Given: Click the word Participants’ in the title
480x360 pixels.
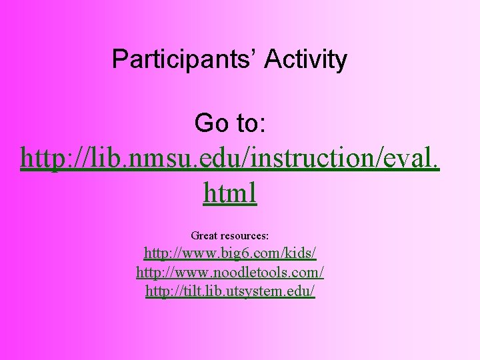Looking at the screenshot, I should [x=185, y=59].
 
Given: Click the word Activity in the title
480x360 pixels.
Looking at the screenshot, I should [x=306, y=59].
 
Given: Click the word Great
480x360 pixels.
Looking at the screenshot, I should [x=205, y=235].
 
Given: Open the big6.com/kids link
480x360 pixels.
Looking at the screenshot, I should [x=230, y=253].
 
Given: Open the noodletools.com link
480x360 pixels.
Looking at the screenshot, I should [x=230, y=272].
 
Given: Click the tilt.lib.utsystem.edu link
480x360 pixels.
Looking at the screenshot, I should [x=230, y=291].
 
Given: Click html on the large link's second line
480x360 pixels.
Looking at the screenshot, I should [x=230, y=194].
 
